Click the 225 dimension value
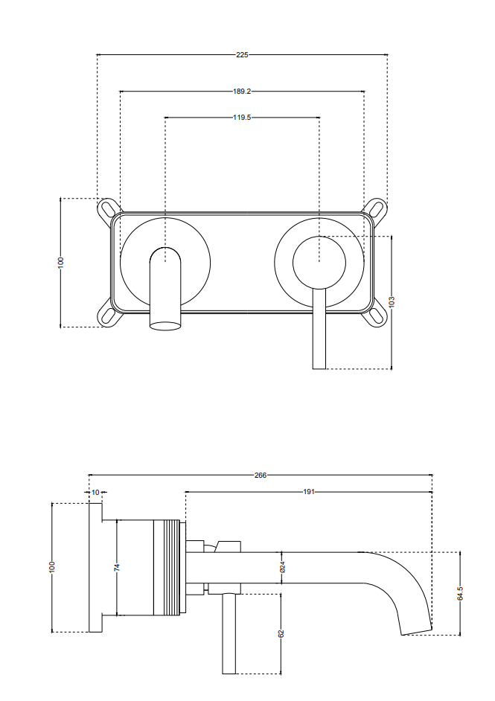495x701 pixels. coord(242,54)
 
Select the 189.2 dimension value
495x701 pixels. coord(242,92)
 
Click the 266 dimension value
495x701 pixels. coord(261,475)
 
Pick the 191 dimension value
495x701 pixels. coord(308,492)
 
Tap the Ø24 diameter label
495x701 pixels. coord(281,568)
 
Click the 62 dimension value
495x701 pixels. coord(281,633)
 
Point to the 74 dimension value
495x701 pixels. coord(117,567)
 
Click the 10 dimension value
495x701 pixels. coord(95,492)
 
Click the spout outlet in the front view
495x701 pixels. coord(166,324)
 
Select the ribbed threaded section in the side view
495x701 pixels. coord(167,568)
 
